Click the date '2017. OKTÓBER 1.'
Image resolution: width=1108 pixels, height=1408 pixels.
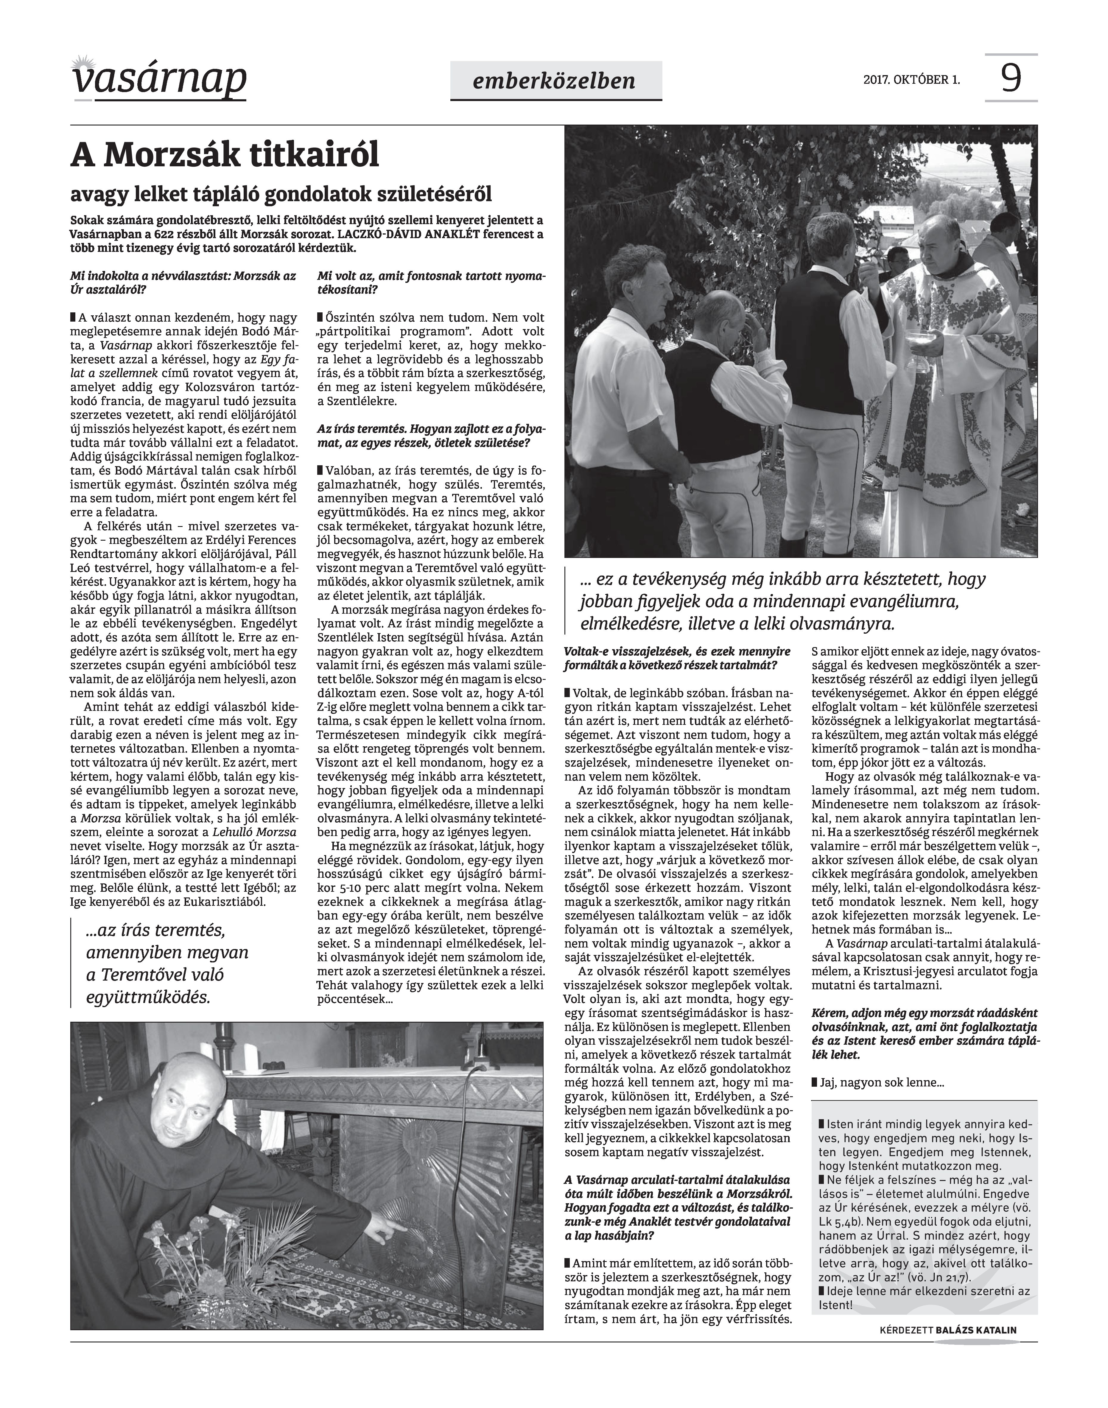pyautogui.click(x=911, y=80)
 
